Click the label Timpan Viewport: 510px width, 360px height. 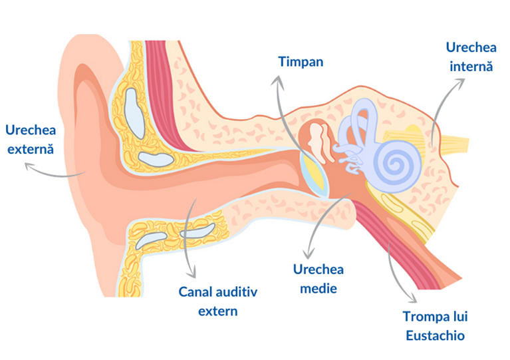click(301, 62)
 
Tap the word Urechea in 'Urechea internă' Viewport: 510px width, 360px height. click(471, 47)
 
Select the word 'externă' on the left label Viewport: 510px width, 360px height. click(31, 150)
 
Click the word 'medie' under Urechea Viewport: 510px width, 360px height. click(319, 288)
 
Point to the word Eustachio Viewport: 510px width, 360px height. click(435, 335)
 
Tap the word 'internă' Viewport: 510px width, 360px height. click(471, 67)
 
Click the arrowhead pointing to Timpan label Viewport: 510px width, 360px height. click(277, 82)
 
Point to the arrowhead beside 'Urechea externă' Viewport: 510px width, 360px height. click(30, 166)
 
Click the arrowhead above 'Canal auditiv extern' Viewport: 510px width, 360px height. click(191, 272)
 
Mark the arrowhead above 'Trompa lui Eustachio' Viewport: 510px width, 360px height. click(412, 298)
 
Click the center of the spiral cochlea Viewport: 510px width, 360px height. click(395, 164)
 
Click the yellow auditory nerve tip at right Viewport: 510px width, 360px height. click(462, 144)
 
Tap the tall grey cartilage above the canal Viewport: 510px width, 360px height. click(134, 112)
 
